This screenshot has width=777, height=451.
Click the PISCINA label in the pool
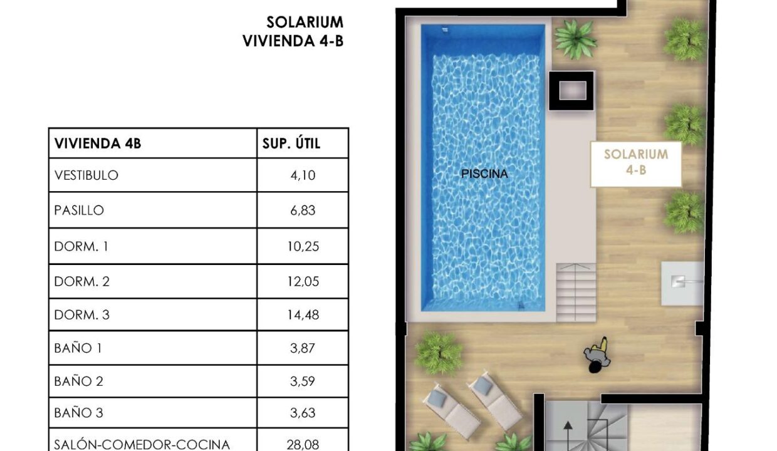[484, 174]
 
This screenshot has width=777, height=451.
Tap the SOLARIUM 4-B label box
[636, 164]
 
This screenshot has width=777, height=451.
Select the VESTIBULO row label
[86, 175]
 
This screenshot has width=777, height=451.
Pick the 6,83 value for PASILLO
[303, 210]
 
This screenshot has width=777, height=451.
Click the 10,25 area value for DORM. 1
[303, 246]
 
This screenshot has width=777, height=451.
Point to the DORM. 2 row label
[82, 281]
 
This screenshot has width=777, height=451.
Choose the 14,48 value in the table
[303, 315]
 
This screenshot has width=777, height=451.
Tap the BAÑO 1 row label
[78, 348]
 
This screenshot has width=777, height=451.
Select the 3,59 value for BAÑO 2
[303, 381]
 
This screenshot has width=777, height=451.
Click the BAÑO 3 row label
[79, 413]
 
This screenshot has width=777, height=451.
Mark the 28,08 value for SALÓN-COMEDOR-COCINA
[303, 444]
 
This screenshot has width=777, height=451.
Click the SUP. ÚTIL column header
[291, 143]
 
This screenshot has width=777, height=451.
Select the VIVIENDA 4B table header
[98, 143]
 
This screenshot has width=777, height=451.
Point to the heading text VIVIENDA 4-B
[293, 41]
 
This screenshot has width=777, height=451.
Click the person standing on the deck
[597, 355]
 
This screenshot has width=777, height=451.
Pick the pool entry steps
[576, 293]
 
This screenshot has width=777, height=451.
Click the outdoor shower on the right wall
[682, 284]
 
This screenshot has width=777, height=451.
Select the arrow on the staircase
[568, 436]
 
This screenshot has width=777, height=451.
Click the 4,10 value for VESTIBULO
[303, 175]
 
